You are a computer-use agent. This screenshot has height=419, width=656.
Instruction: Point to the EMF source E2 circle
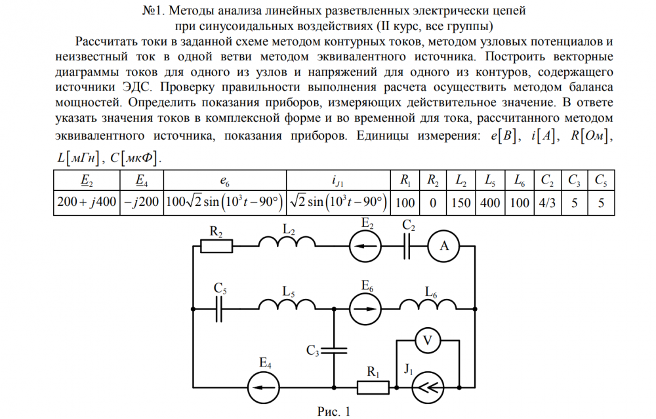pyautogui.click(x=365, y=247)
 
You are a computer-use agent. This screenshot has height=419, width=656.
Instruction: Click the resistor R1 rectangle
pyautogui.click(x=373, y=388)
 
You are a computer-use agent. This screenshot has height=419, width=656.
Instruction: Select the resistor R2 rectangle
pyautogui.click(x=216, y=247)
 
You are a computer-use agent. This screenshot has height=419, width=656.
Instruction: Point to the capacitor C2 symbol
pyautogui.click(x=408, y=247)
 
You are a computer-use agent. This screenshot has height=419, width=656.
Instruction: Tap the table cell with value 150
pyautogui.click(x=461, y=202)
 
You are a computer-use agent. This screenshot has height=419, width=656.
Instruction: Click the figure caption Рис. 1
pyautogui.click(x=334, y=411)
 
